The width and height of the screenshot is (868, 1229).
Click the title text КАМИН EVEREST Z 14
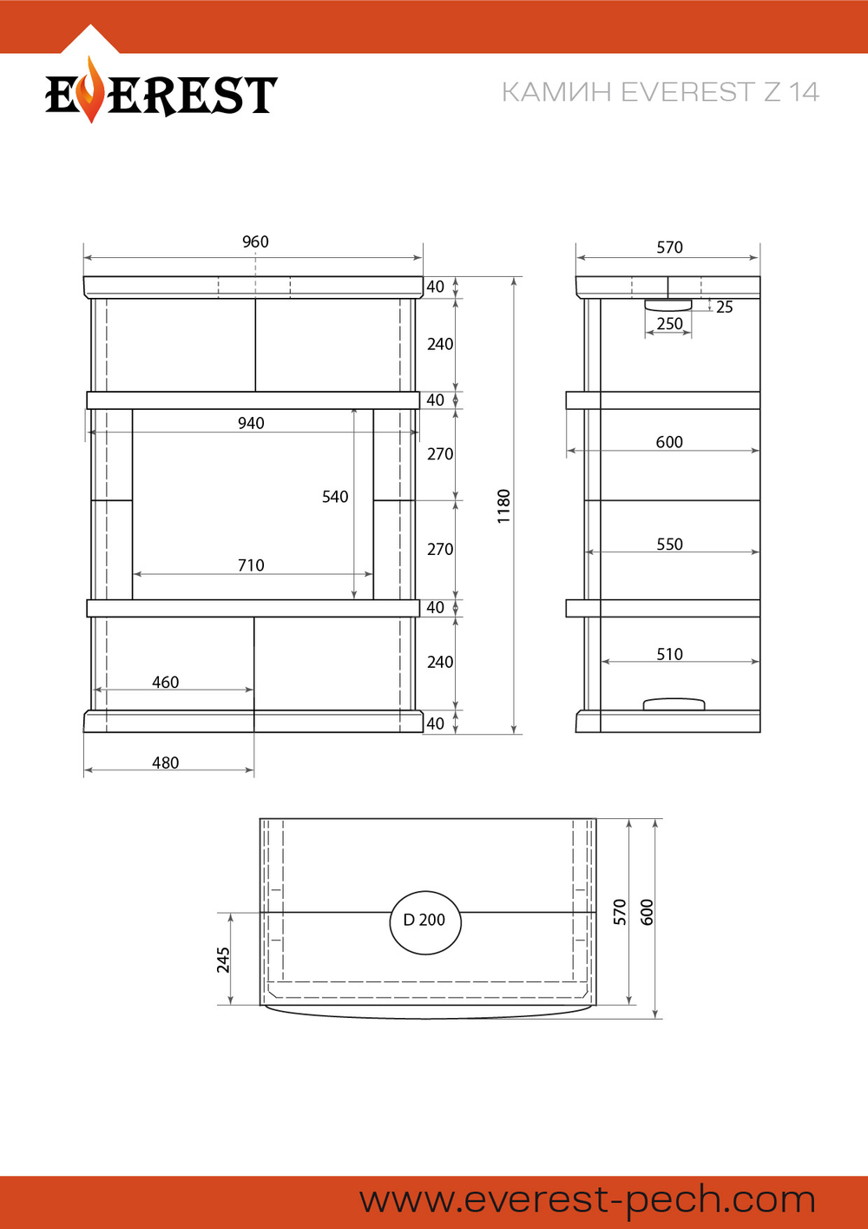(661, 91)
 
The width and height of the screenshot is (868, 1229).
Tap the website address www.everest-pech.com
(588, 1200)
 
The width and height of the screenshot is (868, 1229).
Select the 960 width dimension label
(255, 241)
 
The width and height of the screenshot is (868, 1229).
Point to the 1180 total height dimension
(503, 506)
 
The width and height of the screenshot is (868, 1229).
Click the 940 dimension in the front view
(251, 423)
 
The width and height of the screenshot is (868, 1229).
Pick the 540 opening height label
(335, 497)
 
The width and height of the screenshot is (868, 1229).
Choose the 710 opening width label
(251, 565)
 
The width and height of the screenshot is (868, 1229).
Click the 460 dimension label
(166, 682)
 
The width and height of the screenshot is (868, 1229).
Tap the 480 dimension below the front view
(166, 763)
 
